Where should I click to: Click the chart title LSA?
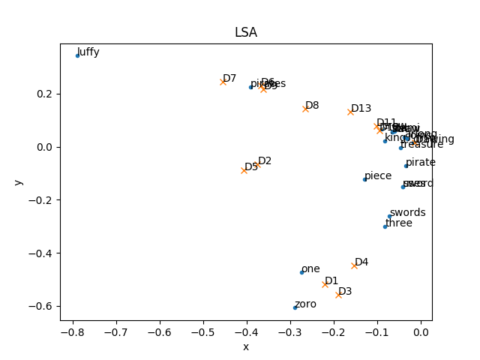pyautogui.click(x=245, y=33)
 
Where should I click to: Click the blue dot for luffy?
pyautogui.click(x=77, y=55)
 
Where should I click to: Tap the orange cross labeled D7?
pyautogui.click(x=223, y=82)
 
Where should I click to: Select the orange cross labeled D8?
pyautogui.click(x=305, y=109)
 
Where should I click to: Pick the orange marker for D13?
pyautogui.click(x=350, y=112)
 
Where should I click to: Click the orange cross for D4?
pyautogui.click(x=354, y=265)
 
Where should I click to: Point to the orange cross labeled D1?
pyautogui.click(x=325, y=284)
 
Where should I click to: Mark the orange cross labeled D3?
pyautogui.click(x=338, y=295)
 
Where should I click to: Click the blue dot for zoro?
pyautogui.click(x=295, y=307)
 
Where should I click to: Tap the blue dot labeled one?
pyautogui.click(x=301, y=272)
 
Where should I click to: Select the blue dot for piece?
pyautogui.click(x=364, y=179)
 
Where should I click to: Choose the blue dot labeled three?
pyautogui.click(x=385, y=226)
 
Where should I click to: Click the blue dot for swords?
pyautogui.click(x=389, y=216)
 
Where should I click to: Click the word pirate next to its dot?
pyautogui.click(x=421, y=162)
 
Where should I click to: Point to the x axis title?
pyautogui.click(x=245, y=346)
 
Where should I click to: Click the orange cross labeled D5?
pyautogui.click(x=244, y=170)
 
